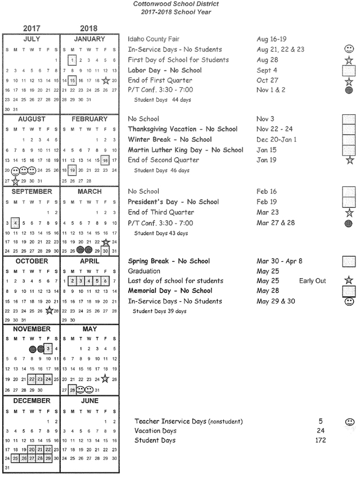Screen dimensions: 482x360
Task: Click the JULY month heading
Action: (x=31, y=39)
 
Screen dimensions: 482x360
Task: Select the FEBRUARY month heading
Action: (x=89, y=119)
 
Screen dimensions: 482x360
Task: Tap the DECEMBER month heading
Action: (x=31, y=401)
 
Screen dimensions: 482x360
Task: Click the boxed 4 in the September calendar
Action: (x=15, y=222)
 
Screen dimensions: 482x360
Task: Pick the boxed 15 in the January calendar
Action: (x=72, y=81)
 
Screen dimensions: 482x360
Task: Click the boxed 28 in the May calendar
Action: (x=72, y=390)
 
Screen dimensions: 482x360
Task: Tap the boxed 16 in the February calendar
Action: (x=105, y=160)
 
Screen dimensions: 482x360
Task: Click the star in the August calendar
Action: (x=15, y=181)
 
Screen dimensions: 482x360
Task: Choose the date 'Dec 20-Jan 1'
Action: (x=276, y=140)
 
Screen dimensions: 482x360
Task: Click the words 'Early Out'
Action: (x=312, y=281)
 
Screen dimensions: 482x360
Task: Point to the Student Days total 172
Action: (x=320, y=441)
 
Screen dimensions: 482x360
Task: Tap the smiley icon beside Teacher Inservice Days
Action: (x=349, y=422)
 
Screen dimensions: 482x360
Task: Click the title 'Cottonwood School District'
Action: (x=176, y=4)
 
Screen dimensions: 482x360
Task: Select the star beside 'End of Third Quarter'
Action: (x=349, y=213)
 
